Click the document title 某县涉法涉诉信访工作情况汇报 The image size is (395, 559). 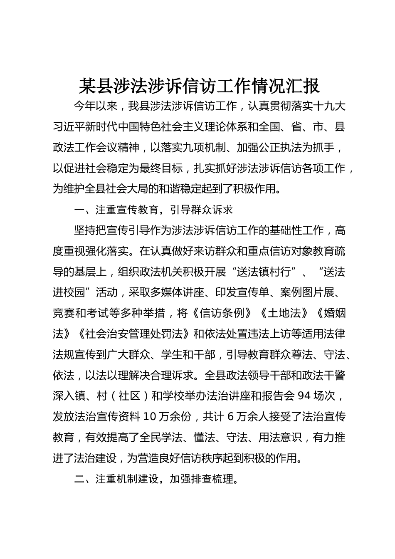pos(199,86)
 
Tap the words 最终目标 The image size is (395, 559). pos(161,168)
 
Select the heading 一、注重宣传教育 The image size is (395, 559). pos(117,210)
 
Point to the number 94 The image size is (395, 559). pos(305,396)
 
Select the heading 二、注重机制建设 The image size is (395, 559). pos(117,479)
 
